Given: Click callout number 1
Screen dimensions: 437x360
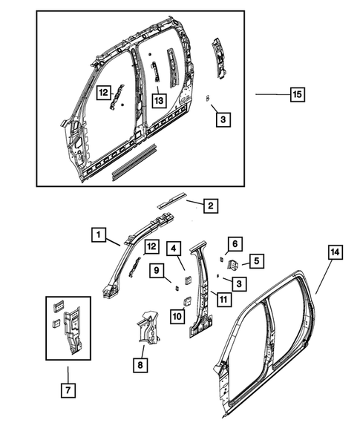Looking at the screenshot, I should (x=98, y=235).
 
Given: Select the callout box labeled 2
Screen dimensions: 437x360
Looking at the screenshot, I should (x=211, y=206).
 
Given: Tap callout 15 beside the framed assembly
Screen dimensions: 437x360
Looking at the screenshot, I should (x=296, y=94).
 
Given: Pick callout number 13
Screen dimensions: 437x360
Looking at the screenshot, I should (x=158, y=99).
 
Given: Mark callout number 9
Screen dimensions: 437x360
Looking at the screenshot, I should (x=158, y=271).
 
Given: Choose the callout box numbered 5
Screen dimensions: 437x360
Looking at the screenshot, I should (x=256, y=260).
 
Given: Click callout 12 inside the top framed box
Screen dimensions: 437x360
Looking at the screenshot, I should (x=105, y=91).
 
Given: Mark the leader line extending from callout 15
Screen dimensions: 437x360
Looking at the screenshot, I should (x=270, y=94).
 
